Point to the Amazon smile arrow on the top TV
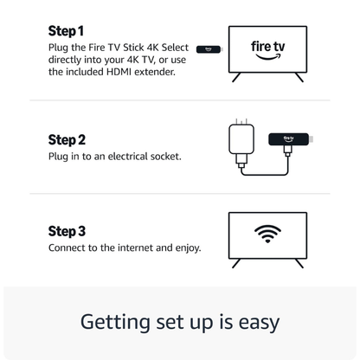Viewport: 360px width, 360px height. coord(267,60)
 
